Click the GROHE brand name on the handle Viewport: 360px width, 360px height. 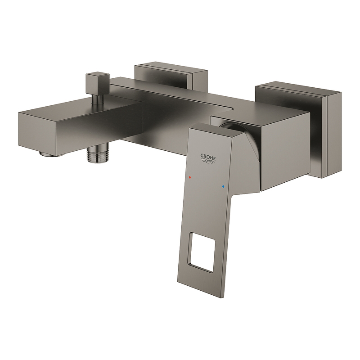[208, 157]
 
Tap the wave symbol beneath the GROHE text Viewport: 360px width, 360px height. [208, 162]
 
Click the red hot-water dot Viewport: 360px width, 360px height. [189, 177]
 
